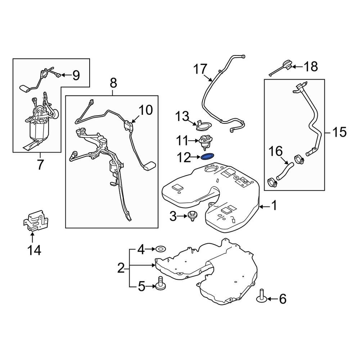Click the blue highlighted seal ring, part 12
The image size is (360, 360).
(x=207, y=157)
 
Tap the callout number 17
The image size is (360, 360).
(x=201, y=69)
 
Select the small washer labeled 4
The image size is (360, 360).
(x=159, y=248)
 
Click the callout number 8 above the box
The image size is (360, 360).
(x=113, y=84)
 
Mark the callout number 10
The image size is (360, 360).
(x=145, y=110)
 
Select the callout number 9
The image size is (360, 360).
(x=76, y=75)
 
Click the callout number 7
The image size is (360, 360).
(x=40, y=165)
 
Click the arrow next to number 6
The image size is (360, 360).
(x=271, y=298)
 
